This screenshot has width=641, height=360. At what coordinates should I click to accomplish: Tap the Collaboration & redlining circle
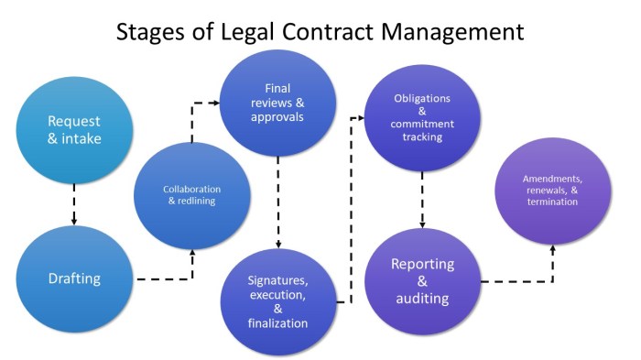click(191, 195)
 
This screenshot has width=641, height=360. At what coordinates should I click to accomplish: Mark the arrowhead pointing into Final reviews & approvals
click(219, 104)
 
